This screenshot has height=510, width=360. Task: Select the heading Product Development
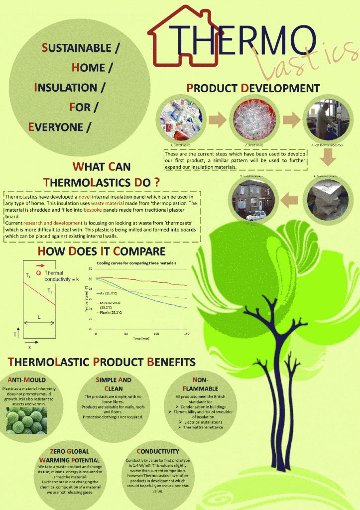[253, 88]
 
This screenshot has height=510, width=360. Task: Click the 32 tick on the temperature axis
[90, 269]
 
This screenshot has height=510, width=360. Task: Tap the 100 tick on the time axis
[156, 333]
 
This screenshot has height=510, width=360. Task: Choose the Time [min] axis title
[141, 339]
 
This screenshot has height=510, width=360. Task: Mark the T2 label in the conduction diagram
[50, 290]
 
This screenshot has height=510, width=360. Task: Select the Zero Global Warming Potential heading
[69, 456]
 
